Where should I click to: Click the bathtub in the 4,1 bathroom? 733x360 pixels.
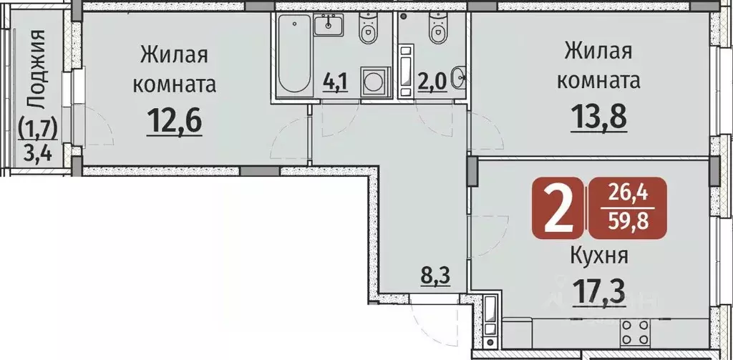pos(293,54)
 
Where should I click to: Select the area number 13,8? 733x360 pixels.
pos(598,117)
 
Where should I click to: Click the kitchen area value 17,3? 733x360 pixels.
pos(599,292)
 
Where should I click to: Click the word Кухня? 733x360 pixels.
pos(599,255)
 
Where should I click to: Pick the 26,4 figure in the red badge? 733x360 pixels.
pos(626,193)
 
